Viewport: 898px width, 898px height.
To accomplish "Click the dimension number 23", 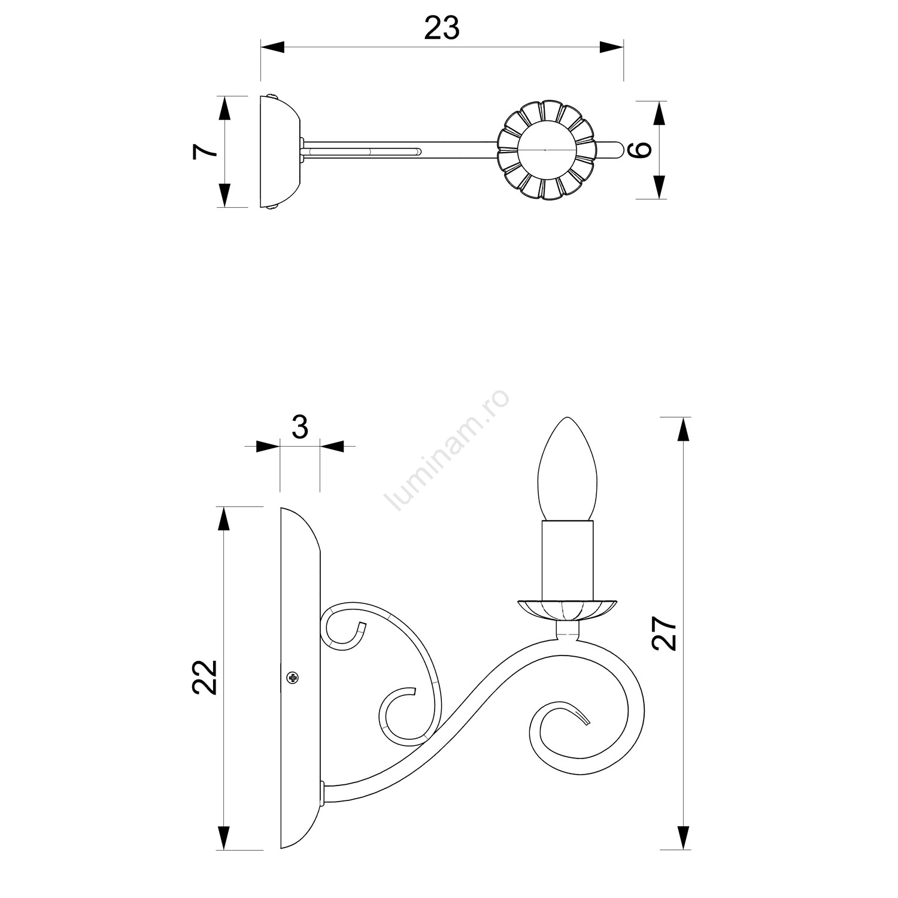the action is click(x=442, y=28).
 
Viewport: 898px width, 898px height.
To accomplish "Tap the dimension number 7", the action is click(x=205, y=151).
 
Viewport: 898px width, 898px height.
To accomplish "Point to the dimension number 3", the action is click(x=300, y=427).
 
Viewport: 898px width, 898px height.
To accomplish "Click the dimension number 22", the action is click(x=205, y=677).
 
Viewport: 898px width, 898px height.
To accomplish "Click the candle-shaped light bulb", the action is click(x=567, y=469).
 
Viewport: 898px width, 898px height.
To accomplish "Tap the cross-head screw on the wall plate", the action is click(x=293, y=678).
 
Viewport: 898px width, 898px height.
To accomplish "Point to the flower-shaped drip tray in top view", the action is click(x=547, y=150).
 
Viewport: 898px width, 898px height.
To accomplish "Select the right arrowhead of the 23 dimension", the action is click(x=611, y=47).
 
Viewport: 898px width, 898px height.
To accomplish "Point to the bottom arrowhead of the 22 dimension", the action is click(x=223, y=838).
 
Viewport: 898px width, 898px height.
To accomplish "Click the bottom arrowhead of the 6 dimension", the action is click(x=659, y=187).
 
